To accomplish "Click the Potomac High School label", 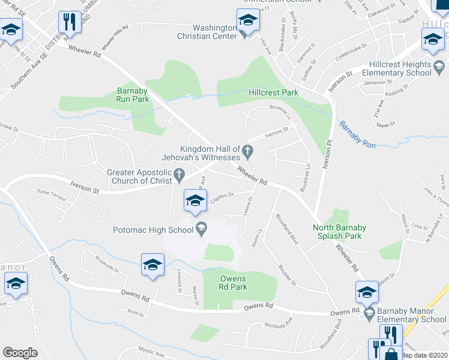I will tap(153, 229).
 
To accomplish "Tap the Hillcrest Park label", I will tap(274, 93).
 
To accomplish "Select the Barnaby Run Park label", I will tap(132, 95).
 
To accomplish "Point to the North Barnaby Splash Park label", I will tap(337, 232).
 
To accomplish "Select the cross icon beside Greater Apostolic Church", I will tap(178, 176).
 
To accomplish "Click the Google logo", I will tap(20, 352).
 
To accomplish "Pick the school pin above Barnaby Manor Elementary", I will tap(367, 293).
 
